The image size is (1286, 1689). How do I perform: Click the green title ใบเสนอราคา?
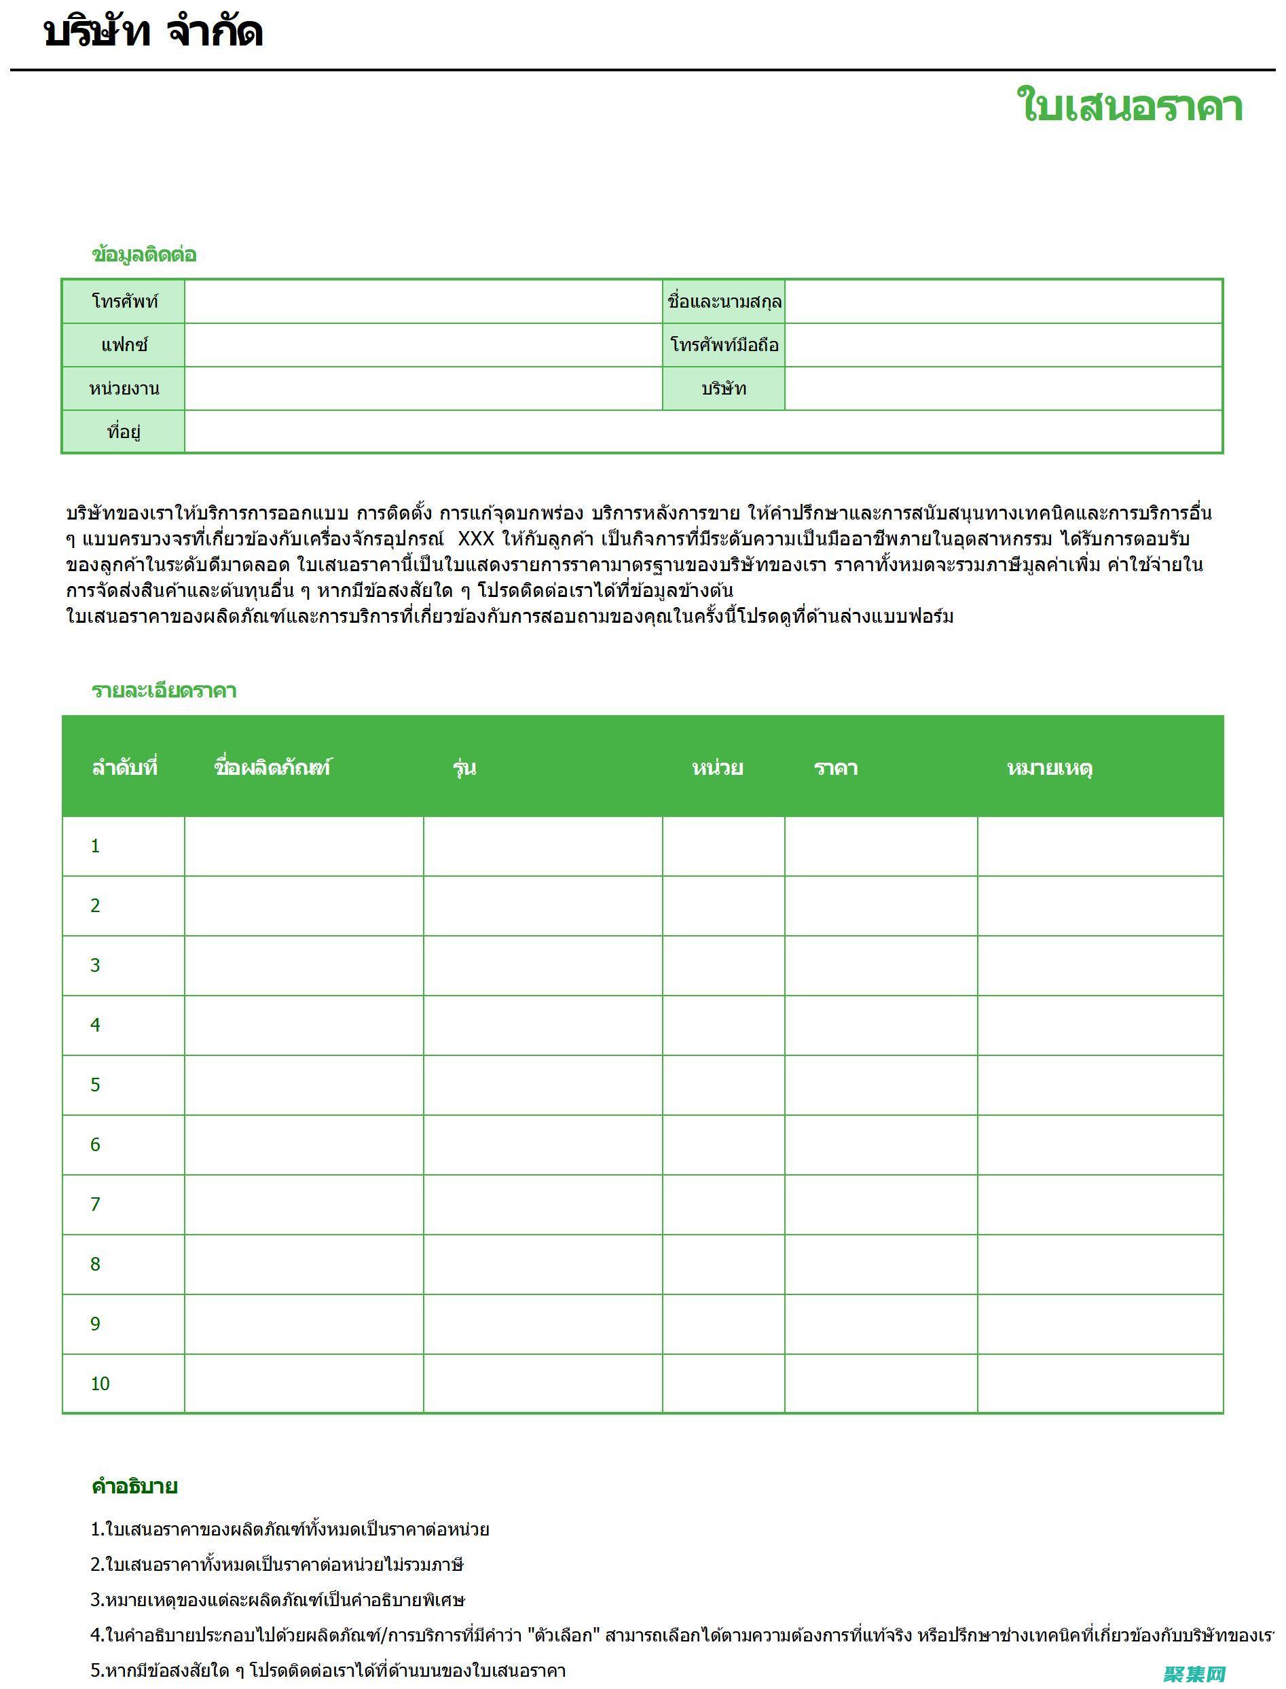(1129, 107)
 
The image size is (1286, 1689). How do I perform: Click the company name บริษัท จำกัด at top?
(153, 32)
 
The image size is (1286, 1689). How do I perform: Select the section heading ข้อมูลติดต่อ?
(144, 254)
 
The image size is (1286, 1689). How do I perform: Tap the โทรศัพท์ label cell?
(124, 302)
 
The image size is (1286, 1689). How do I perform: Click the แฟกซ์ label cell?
(124, 345)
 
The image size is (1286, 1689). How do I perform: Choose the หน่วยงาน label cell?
(124, 389)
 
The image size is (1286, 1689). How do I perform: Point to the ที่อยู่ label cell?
(124, 432)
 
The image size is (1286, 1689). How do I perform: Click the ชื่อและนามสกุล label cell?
(723, 302)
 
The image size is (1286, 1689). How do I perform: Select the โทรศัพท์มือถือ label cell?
(723, 345)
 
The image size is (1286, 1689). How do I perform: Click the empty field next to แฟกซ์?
(422, 345)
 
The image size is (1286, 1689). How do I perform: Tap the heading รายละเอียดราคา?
(164, 691)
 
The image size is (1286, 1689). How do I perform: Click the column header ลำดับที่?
(125, 767)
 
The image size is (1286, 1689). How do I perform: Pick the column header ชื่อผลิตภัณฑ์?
(272, 767)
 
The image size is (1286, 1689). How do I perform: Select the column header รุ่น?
(464, 767)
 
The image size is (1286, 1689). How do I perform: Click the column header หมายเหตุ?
(1050, 767)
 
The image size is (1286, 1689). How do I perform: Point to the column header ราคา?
(835, 767)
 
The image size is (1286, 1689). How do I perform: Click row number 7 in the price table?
(95, 1205)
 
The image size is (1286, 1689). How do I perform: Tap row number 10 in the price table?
(100, 1384)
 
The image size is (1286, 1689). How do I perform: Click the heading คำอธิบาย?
(134, 1487)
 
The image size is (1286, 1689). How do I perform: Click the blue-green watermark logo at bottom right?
(1195, 1673)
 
